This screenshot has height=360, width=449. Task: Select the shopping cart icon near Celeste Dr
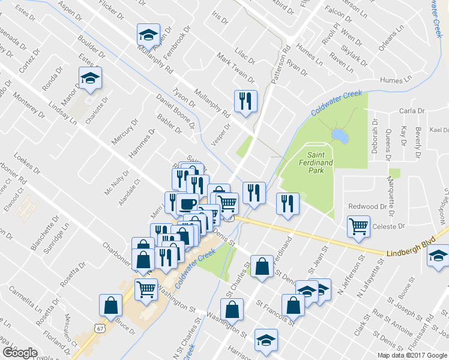pyautogui.click(x=358, y=227)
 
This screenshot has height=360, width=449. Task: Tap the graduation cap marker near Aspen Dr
pyautogui.click(x=148, y=34)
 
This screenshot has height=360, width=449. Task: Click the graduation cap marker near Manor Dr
pyautogui.click(x=90, y=78)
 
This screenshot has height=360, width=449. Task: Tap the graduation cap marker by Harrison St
pyautogui.click(x=266, y=340)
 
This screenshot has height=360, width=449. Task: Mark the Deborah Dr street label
pyautogui.click(x=375, y=140)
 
